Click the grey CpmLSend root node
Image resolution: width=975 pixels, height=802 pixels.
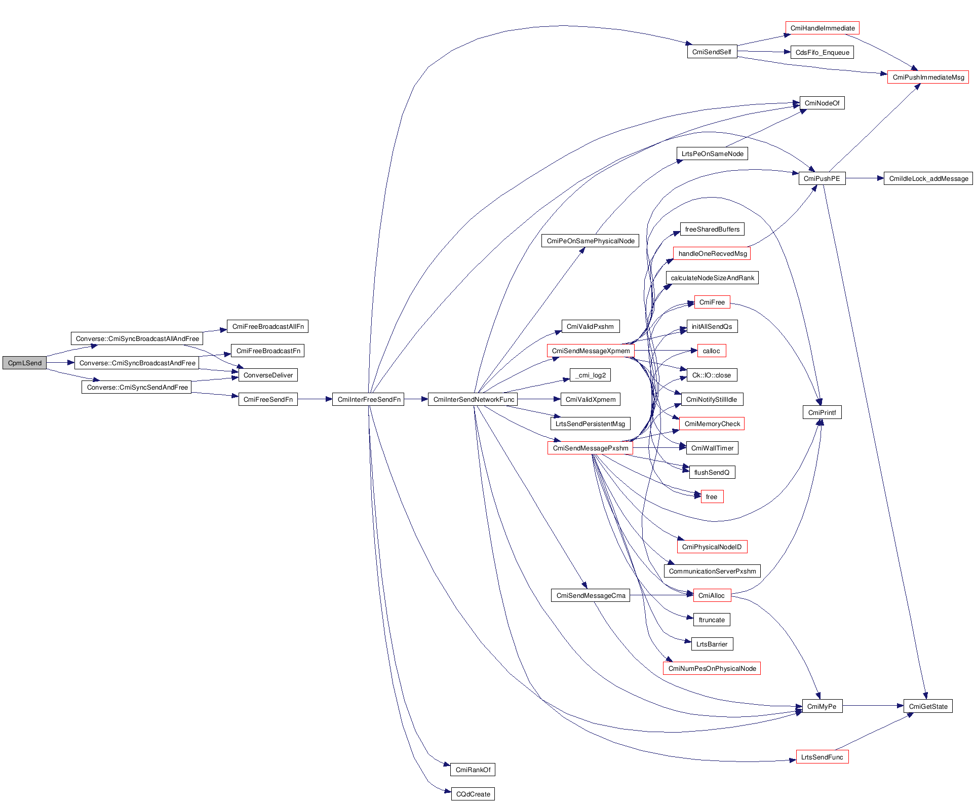(x=24, y=363)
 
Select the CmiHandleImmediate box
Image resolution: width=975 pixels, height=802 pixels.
(x=822, y=28)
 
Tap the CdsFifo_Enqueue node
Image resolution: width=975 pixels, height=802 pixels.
(x=822, y=53)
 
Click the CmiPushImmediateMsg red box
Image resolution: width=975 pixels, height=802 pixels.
(x=928, y=78)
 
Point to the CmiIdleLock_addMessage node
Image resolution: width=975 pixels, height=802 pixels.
(x=928, y=179)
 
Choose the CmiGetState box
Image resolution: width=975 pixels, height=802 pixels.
(x=927, y=707)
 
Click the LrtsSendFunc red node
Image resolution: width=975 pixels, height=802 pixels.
(x=822, y=757)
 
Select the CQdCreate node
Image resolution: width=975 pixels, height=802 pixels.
(x=473, y=794)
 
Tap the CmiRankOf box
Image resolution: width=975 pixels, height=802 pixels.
(x=473, y=770)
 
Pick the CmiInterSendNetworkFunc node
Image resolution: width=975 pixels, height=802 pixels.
(x=473, y=400)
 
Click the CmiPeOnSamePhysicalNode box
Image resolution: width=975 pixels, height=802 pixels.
(x=590, y=241)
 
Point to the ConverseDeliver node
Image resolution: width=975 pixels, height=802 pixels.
(x=268, y=375)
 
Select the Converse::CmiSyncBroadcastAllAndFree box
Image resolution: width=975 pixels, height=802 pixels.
(x=137, y=339)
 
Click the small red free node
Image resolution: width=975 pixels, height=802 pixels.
(x=711, y=497)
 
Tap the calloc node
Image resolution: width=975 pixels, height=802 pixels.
(x=711, y=351)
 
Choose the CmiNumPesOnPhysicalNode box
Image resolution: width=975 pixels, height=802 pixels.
(x=712, y=669)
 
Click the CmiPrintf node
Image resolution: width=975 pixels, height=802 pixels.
(x=822, y=413)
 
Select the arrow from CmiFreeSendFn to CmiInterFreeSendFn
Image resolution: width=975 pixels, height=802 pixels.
(x=315, y=400)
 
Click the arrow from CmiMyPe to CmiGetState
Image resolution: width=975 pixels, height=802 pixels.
(x=873, y=706)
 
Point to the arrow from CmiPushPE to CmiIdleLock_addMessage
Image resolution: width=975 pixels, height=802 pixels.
(x=864, y=178)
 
